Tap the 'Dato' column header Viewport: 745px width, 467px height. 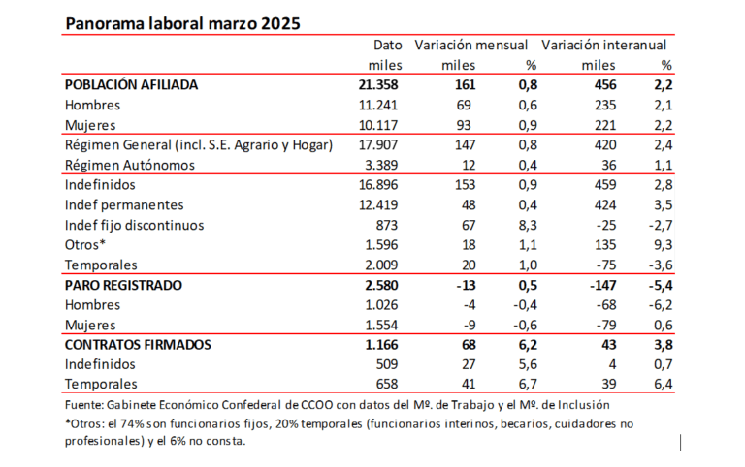[388, 45]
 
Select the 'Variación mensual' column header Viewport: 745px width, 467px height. [470, 45]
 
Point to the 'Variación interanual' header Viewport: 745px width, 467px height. [606, 45]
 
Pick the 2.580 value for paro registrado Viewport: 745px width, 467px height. [381, 286]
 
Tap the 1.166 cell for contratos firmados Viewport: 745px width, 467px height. [381, 345]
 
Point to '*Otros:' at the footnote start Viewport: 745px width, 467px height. [89, 422]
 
